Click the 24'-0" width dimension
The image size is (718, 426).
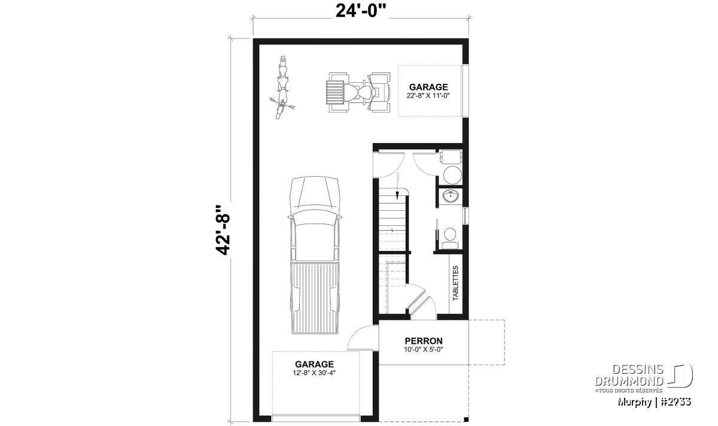360,11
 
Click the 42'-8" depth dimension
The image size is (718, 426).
223,230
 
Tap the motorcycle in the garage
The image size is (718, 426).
282,87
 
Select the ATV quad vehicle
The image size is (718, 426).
358,92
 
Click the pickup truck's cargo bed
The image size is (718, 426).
315,298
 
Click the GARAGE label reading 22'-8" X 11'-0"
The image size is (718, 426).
428,91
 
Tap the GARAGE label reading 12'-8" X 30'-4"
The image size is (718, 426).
314,368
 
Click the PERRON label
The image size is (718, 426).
424,341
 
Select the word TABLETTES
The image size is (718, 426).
455,283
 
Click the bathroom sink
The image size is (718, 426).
451,196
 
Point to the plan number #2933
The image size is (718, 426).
676,402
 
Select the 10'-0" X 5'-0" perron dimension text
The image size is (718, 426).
424,349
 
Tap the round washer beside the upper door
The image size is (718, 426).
452,175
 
